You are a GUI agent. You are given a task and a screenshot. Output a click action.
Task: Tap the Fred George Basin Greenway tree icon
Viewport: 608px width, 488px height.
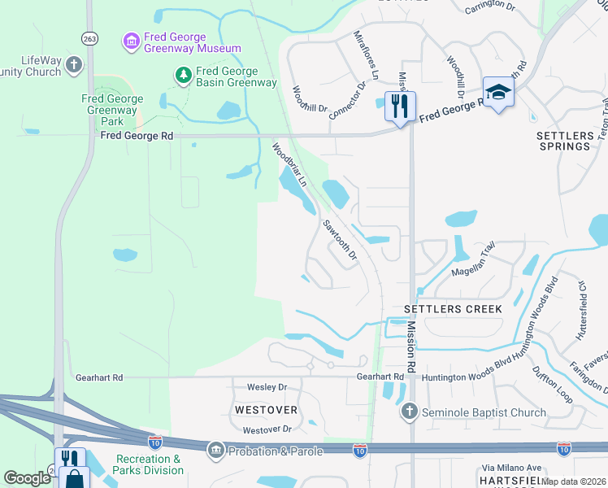coord(184,76)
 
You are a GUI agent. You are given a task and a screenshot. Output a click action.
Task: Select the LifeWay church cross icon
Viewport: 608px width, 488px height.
coord(74,64)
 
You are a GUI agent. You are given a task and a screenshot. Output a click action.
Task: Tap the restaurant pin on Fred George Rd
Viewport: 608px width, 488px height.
coord(400,107)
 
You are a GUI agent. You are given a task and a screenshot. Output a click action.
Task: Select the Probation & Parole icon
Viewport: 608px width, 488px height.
coord(216,450)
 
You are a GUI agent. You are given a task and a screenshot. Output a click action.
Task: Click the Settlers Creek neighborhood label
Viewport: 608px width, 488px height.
coord(453,309)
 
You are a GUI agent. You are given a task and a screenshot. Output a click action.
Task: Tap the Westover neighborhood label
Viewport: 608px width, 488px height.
coord(266,409)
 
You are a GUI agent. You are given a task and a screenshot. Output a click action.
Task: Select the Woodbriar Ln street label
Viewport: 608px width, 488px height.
coord(288,165)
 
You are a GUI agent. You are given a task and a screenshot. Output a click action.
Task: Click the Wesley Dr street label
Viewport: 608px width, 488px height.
coord(267,387)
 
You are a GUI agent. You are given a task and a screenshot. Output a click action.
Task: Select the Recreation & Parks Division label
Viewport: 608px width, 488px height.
coord(148,464)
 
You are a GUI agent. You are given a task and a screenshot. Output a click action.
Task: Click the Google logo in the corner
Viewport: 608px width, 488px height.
coord(27,478)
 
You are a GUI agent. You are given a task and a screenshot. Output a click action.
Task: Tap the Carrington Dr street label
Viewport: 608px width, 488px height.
coord(490,9)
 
